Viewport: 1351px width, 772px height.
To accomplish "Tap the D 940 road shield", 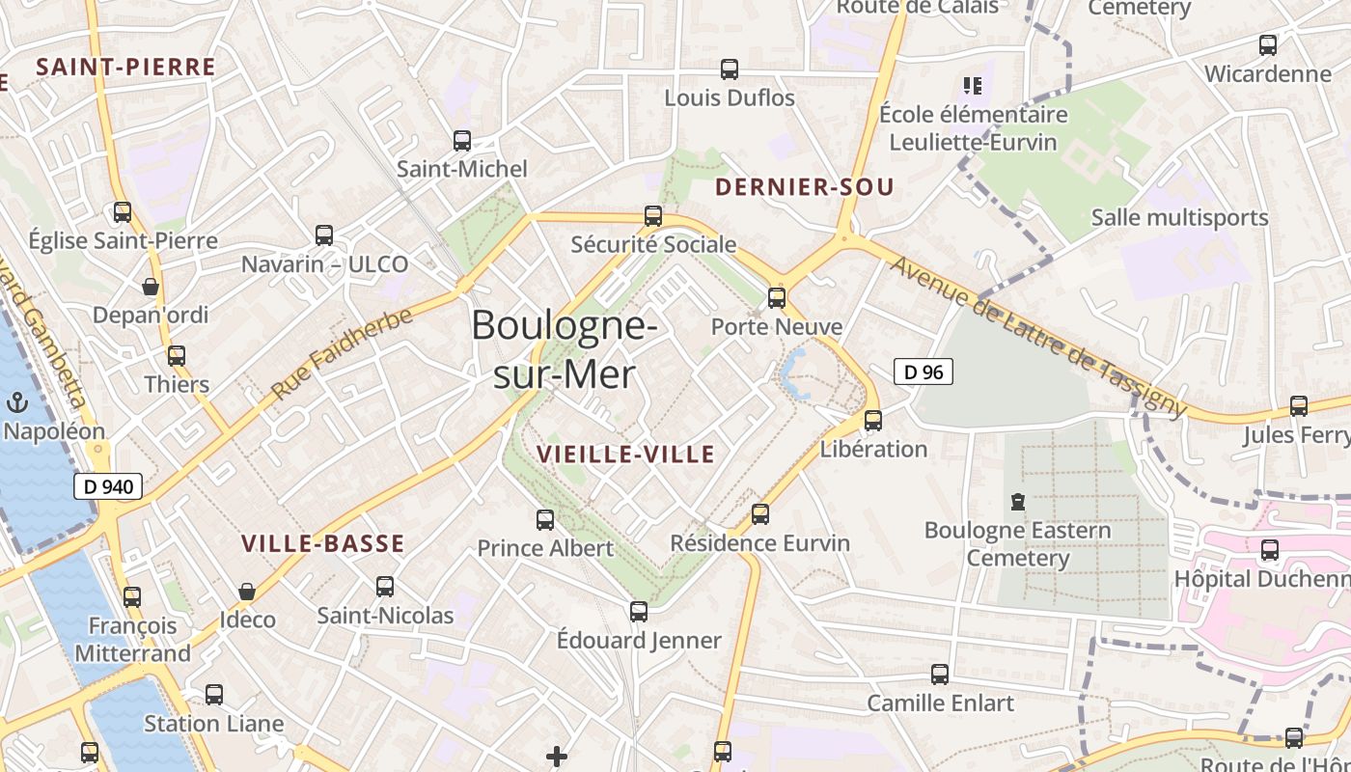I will coord(108,487).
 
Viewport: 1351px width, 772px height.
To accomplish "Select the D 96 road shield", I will coord(924,372).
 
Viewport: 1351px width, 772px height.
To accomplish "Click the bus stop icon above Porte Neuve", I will coord(777,298).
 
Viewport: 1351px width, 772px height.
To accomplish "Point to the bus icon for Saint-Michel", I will coord(462,141).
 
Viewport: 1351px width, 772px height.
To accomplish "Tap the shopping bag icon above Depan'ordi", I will coord(151,287).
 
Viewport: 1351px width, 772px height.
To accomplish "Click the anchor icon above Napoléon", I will coord(16,402).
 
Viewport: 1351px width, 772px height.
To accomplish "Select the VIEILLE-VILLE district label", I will coord(625,455).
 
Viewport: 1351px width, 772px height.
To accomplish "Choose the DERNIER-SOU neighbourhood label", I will coord(805,187).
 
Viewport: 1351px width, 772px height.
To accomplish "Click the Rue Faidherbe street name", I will coord(342,354).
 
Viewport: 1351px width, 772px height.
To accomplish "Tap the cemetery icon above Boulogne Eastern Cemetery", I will coord(1017,502).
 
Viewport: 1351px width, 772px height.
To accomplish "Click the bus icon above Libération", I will coord(873,421).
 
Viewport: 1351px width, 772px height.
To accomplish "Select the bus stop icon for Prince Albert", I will coord(545,520).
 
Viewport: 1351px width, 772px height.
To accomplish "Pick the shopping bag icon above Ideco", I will coord(247,592).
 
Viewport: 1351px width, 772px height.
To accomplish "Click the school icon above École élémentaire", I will coord(973,86).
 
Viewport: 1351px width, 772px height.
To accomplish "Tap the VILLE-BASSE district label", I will coord(322,544).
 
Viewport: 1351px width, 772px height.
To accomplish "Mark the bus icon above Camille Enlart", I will coord(940,675).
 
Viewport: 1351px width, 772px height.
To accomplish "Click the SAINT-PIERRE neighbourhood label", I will coord(125,68).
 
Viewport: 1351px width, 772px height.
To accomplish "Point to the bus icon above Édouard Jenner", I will coord(639,612).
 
